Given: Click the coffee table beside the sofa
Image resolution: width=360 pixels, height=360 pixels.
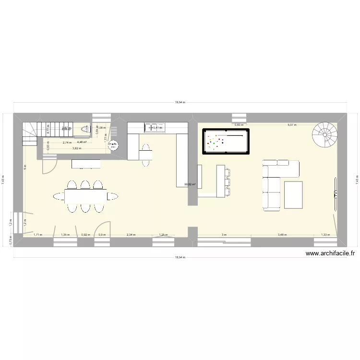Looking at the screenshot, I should (293, 195).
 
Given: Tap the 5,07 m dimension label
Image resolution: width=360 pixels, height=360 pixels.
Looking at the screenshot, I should (292, 125).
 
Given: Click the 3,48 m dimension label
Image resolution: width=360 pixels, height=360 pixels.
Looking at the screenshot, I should (282, 235).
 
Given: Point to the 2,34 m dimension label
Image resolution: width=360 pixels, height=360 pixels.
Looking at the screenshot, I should (131, 235).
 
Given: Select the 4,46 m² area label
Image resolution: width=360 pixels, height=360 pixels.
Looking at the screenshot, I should (82, 142).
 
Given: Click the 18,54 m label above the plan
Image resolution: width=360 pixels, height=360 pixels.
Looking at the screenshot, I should (180, 102).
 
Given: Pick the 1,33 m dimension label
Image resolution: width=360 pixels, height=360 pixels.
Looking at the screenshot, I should (325, 235).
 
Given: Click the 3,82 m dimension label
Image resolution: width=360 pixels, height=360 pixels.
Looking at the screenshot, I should (77, 148).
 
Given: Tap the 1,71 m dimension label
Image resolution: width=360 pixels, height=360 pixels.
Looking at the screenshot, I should (38, 235).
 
